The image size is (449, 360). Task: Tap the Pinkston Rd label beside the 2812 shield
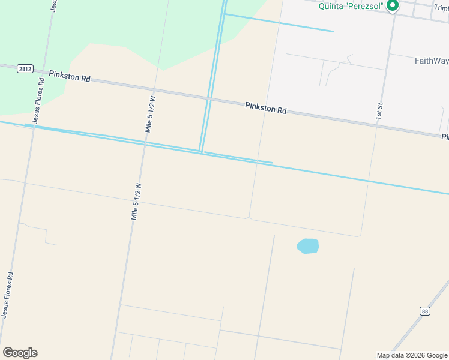point(70,76)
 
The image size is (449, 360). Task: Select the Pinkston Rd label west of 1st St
point(266,108)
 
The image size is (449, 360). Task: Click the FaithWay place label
point(431,61)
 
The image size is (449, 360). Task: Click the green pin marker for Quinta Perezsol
point(393,6)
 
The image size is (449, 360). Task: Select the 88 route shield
point(425,311)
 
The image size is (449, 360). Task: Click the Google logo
point(20,353)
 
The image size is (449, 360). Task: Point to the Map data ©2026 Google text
point(412,355)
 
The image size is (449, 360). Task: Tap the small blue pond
point(308,246)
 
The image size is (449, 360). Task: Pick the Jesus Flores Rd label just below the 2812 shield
point(38,101)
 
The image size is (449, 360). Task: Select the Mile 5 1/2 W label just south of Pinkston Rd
point(150,113)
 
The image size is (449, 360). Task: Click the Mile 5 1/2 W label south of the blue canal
point(136,202)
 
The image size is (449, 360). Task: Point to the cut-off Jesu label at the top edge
point(54,5)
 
